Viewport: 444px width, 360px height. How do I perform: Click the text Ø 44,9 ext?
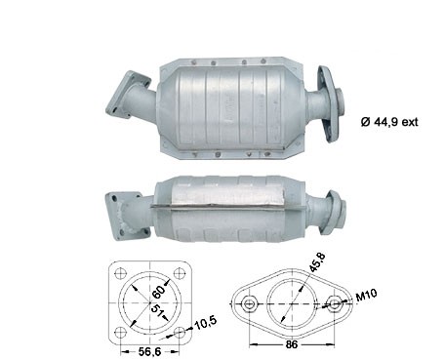tap(389, 122)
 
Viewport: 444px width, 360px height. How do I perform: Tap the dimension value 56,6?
tap(150, 351)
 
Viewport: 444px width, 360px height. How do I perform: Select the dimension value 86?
tap(291, 344)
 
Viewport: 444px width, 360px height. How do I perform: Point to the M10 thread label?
tap(366, 296)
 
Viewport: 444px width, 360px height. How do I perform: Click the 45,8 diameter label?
tap(317, 262)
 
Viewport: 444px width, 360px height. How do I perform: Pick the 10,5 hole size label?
tap(205, 322)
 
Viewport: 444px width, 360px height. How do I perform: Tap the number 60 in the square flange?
tap(159, 292)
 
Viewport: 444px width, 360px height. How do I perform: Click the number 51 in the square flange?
tap(157, 312)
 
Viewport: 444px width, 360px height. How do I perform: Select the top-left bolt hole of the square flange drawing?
tap(121, 272)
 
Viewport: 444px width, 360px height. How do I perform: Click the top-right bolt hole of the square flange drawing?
tap(179, 272)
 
